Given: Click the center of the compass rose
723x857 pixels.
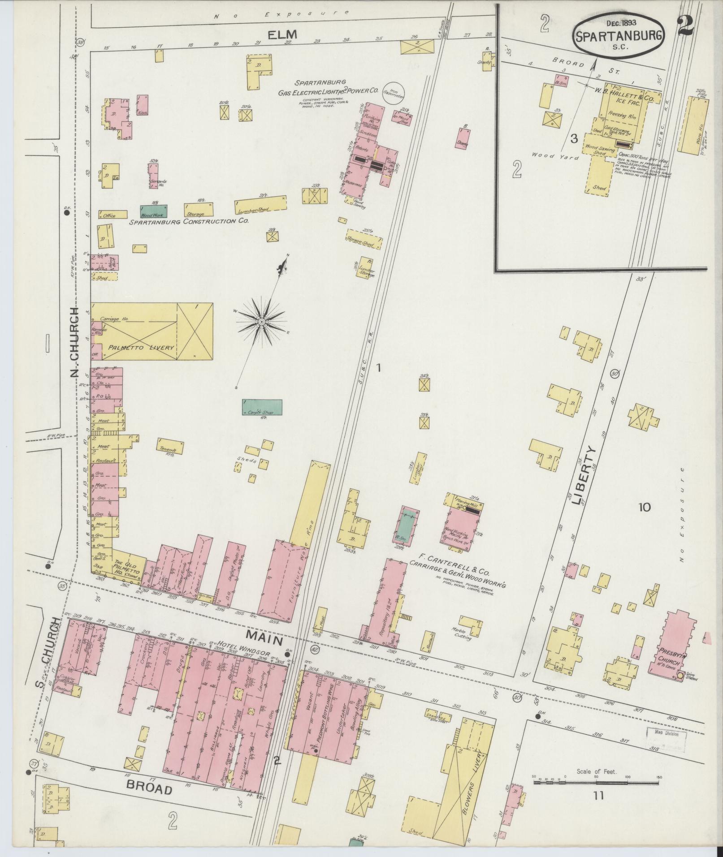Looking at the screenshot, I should (x=261, y=322).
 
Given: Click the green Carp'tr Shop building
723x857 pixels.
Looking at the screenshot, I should (x=262, y=407).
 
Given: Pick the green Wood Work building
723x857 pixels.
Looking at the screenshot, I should (x=154, y=211).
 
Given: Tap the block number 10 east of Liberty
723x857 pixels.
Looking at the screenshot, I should (x=644, y=507).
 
